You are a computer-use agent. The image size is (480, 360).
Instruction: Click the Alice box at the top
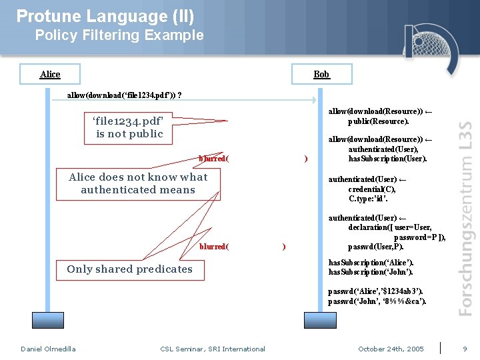coord(50,74)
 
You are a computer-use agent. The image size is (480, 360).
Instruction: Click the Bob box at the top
coord(321,74)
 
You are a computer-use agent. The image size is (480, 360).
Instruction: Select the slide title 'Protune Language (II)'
coord(105,16)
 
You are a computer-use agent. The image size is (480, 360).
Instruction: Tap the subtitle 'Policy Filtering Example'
coord(119,35)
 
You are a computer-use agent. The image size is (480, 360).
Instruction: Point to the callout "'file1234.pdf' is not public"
coord(129,127)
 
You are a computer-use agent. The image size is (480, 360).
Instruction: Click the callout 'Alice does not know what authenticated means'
coord(138,183)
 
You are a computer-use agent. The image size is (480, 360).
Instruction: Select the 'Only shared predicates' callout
coord(129,269)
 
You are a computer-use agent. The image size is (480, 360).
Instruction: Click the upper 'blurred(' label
coord(214,159)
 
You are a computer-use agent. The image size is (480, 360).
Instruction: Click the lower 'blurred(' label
coord(214,247)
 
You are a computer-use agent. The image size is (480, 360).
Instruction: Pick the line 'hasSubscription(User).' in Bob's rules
coord(387,159)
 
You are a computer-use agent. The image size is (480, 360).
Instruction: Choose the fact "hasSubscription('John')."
coord(371,272)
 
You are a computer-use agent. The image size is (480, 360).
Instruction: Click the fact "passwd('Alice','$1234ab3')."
coord(375,291)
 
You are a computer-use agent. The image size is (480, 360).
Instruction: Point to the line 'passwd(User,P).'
coord(376,247)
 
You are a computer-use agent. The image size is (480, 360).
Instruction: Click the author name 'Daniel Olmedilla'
coord(48,349)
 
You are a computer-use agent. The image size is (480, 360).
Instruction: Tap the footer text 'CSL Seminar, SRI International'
coord(213,349)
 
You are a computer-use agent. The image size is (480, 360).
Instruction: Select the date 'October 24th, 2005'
coord(391,349)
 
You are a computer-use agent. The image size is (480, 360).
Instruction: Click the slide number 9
coord(465,349)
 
